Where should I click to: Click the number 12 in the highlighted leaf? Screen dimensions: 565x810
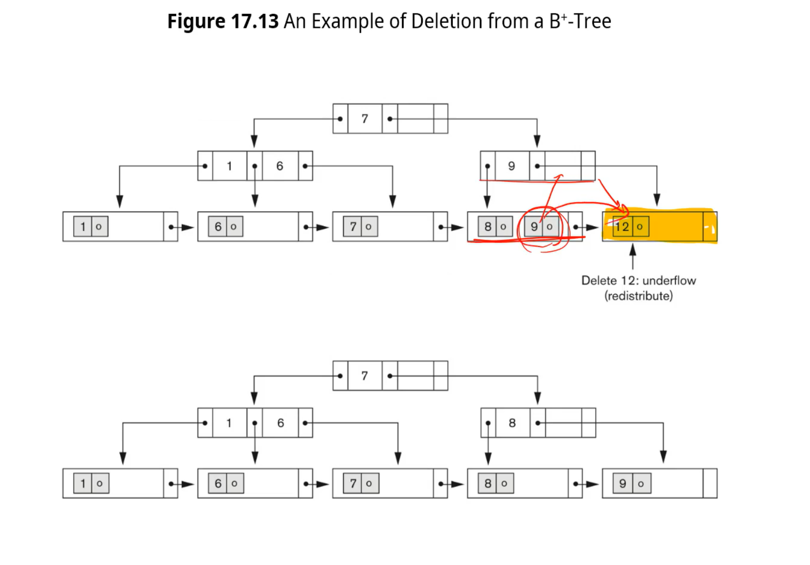pyautogui.click(x=622, y=227)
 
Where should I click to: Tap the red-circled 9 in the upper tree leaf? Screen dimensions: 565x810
pyautogui.click(x=534, y=227)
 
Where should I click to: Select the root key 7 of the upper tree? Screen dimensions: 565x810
pyautogui.click(x=365, y=119)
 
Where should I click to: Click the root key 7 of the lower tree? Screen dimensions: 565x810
pyautogui.click(x=365, y=376)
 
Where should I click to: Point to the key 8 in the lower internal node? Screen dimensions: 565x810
pyautogui.click(x=512, y=423)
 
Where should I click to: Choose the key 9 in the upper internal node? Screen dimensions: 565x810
pyautogui.click(x=511, y=166)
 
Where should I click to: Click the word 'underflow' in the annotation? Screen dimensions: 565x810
pyautogui.click(x=669, y=281)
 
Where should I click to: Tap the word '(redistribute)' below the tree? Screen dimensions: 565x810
pyautogui.click(x=638, y=296)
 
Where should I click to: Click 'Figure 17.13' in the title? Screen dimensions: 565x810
pyautogui.click(x=222, y=21)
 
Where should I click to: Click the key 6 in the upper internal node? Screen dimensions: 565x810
pyautogui.click(x=280, y=166)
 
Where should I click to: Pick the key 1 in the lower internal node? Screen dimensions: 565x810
pyautogui.click(x=229, y=423)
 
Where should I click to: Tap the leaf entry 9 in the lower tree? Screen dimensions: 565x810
pyautogui.click(x=622, y=484)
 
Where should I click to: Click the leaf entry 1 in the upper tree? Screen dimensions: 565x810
pyautogui.click(x=83, y=227)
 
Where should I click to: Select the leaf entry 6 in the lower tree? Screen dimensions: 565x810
pyautogui.click(x=218, y=484)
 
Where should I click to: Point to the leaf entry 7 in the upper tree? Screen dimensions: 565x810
pyautogui.click(x=353, y=227)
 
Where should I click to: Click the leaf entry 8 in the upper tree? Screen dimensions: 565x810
pyautogui.click(x=488, y=227)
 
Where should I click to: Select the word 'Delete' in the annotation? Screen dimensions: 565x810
pyautogui.click(x=599, y=281)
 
